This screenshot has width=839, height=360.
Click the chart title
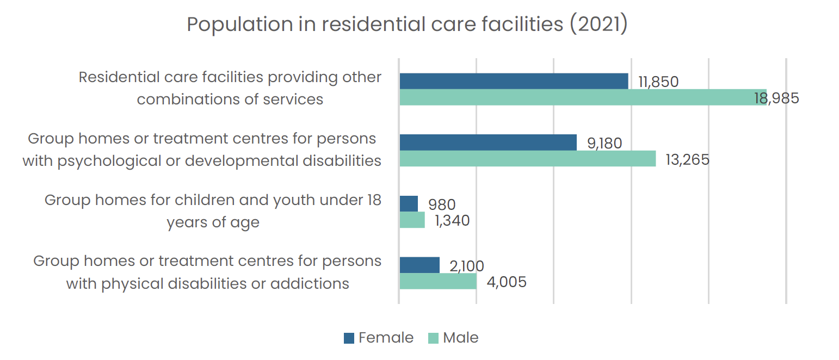click(407, 24)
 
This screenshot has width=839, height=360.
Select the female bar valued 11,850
click(514, 81)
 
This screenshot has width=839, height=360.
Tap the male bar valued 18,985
click(583, 97)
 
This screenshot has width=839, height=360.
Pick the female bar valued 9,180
click(489, 142)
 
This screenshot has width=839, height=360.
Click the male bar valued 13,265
click(528, 159)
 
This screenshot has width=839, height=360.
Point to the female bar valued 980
click(409, 204)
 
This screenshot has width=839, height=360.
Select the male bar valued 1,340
click(412, 220)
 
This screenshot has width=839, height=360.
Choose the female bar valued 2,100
click(419, 265)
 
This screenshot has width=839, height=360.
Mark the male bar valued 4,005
click(438, 281)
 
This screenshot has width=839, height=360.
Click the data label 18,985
click(776, 98)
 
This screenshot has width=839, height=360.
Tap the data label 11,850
click(658, 82)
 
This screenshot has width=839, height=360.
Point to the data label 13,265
click(687, 160)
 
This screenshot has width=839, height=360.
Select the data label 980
click(442, 204)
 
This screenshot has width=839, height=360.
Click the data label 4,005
click(507, 282)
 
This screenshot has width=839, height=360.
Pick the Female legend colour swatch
click(349, 338)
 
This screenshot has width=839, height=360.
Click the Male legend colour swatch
click(433, 338)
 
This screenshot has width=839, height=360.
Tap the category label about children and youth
click(213, 211)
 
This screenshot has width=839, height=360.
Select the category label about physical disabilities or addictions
click(207, 272)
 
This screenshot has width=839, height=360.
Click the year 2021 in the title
click(599, 24)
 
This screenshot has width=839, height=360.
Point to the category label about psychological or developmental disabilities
click(202, 150)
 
